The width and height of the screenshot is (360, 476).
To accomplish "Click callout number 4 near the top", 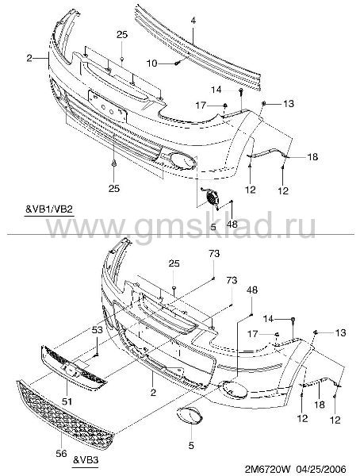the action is (x=193, y=21).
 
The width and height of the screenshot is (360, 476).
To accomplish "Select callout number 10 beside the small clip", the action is (x=152, y=63).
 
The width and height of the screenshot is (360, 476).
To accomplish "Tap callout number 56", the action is (x=61, y=454).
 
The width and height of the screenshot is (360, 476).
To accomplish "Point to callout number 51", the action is (x=67, y=401).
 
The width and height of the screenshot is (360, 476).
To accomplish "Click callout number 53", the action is (x=97, y=330).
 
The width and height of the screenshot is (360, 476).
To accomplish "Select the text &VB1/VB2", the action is (x=49, y=209).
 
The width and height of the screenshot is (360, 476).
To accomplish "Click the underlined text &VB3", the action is (x=86, y=460).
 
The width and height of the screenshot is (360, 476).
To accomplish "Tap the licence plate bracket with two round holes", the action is (x=108, y=106).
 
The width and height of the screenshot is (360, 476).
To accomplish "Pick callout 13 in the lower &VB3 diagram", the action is (x=341, y=332).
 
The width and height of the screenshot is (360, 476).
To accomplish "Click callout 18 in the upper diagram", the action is (x=312, y=157).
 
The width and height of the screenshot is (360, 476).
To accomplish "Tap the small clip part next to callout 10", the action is (x=178, y=63).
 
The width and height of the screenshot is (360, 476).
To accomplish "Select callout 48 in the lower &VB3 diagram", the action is (x=252, y=290).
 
